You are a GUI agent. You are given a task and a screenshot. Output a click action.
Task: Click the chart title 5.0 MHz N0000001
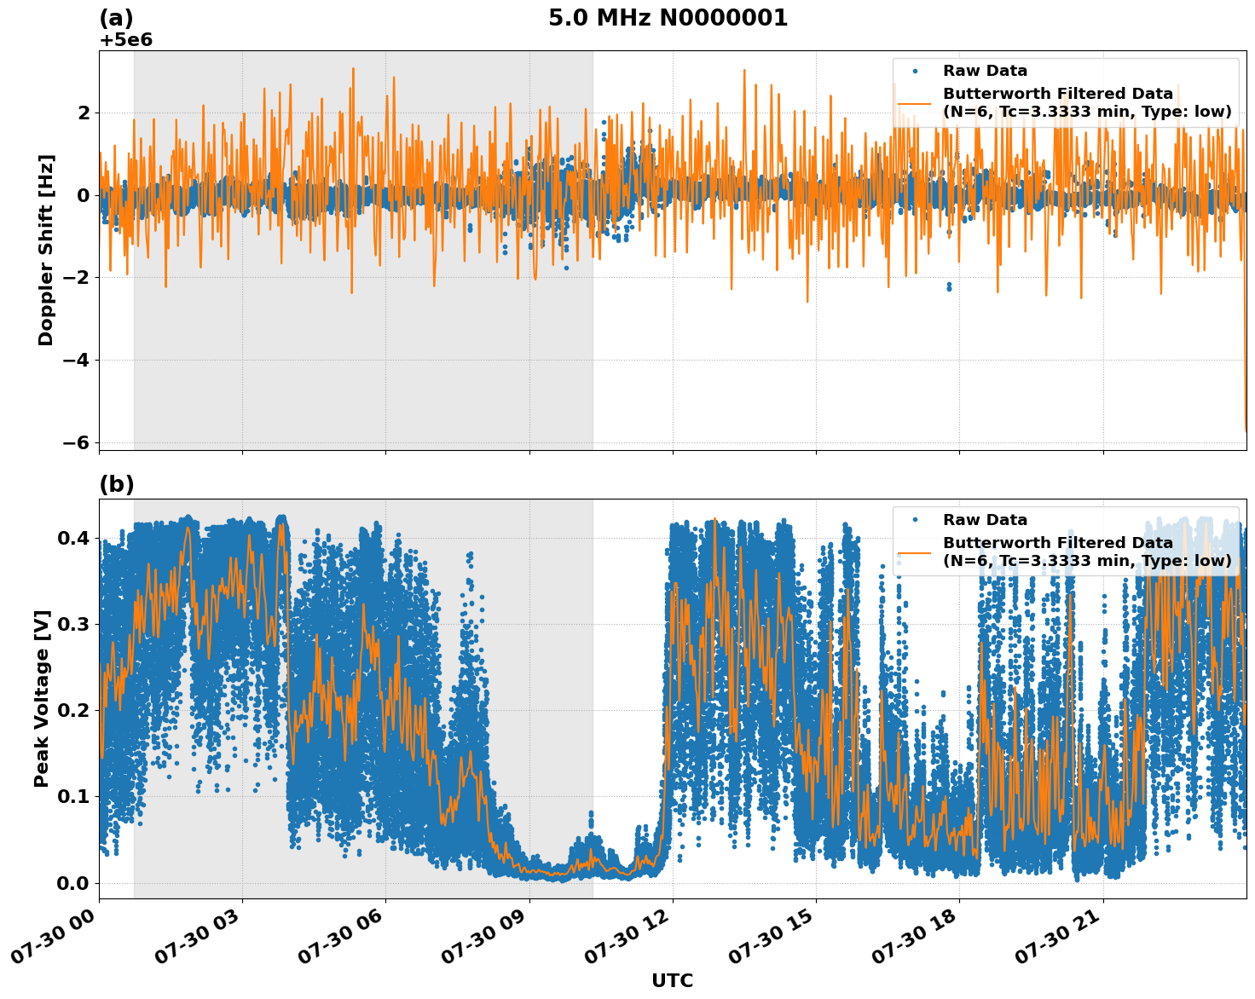pyautogui.click(x=668, y=18)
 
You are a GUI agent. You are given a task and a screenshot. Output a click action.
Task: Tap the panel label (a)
pyautogui.click(x=117, y=18)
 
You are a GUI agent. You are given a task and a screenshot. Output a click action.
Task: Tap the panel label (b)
pyautogui.click(x=117, y=484)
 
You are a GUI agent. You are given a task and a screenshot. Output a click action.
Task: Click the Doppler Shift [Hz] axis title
pyautogui.click(x=46, y=250)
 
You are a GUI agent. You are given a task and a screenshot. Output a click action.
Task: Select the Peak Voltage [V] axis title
pyautogui.click(x=42, y=698)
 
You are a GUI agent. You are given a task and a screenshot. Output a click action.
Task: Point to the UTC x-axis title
pyautogui.click(x=672, y=980)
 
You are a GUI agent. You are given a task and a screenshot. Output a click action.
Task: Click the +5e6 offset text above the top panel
pyautogui.click(x=126, y=40)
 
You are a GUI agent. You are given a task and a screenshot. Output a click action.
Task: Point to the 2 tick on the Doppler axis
pyautogui.click(x=84, y=113)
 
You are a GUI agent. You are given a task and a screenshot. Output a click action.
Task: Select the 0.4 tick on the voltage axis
pyautogui.click(x=74, y=538)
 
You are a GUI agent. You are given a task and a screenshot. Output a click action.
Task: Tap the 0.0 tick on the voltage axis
pyautogui.click(x=74, y=883)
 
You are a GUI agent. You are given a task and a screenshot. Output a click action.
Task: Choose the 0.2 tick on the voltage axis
pyautogui.click(x=74, y=711)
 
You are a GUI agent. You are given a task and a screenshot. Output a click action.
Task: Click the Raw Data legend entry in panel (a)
pyautogui.click(x=985, y=71)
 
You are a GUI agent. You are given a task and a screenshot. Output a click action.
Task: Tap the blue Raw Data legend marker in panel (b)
pyautogui.click(x=915, y=520)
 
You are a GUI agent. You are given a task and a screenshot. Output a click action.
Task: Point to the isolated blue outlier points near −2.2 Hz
pyautogui.click(x=949, y=286)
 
